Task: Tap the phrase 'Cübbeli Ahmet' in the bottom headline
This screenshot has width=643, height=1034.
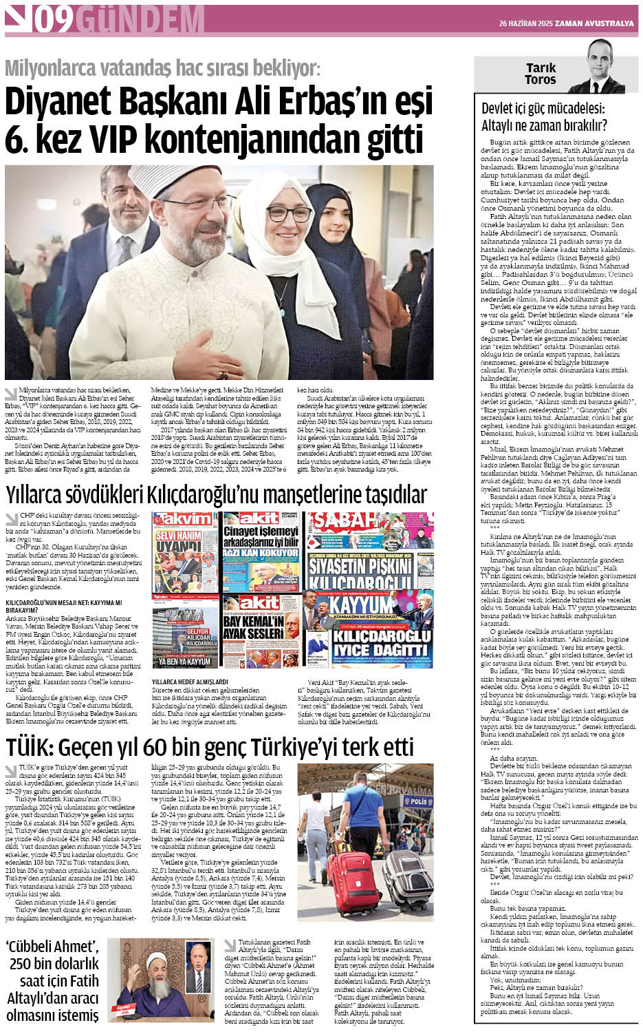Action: [x=52, y=947]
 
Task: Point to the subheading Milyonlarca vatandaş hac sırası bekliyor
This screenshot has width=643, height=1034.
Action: [x=162, y=68]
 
